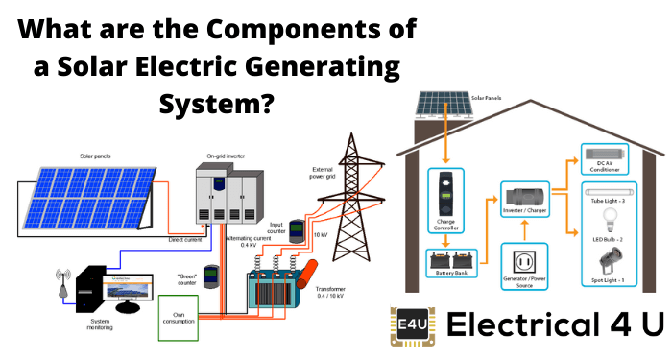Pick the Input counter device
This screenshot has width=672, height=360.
tap(297, 230)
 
